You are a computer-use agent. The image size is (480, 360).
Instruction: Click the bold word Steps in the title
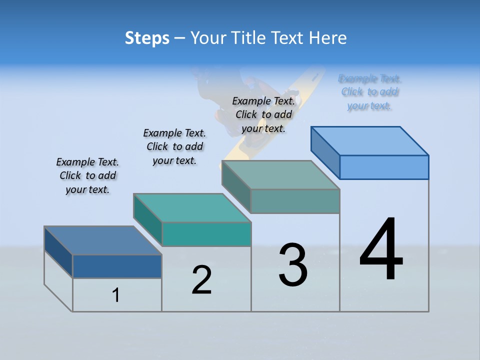pos(147,38)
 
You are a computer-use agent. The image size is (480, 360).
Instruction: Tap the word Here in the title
pos(327,38)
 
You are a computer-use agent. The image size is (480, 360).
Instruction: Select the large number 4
pos(381,250)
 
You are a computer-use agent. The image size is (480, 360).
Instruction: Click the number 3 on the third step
pos(293,265)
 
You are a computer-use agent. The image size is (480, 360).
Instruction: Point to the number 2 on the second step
pos(202,280)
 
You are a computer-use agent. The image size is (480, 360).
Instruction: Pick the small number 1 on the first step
pos(116,295)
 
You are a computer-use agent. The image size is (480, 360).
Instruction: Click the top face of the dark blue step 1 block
pos(102,240)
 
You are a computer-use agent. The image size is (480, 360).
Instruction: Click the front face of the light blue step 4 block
pos(384,167)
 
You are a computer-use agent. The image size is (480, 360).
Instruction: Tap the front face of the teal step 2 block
pos(206,234)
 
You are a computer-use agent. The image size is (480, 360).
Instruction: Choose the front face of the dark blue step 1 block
pos(117,266)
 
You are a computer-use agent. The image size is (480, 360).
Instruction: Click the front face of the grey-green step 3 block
pos(295,201)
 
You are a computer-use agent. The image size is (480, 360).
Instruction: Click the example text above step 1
pos(87,175)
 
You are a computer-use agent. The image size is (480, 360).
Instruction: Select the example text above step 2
pos(174,146)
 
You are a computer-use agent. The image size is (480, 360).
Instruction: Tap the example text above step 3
pos(263,114)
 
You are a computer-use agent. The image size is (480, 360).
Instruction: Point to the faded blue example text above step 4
pos(369,92)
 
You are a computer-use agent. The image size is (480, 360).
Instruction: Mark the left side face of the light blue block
pos(325,152)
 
